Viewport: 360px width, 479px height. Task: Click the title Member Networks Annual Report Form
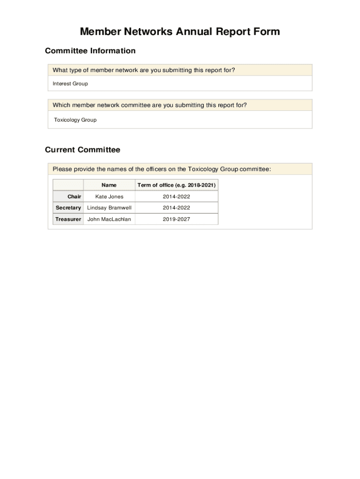[180, 32]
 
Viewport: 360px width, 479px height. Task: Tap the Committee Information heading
[90, 51]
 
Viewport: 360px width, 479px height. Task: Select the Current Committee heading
[82, 150]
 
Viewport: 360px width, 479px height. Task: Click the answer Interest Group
[70, 84]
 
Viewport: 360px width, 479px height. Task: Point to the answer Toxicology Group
[75, 120]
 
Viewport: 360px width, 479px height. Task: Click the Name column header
[109, 185]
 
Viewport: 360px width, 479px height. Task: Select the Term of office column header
[176, 185]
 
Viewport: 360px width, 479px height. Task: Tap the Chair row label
[74, 196]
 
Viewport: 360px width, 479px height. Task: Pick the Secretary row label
[68, 208]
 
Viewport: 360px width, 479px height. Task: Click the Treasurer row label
[68, 219]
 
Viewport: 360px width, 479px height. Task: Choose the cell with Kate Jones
[109, 196]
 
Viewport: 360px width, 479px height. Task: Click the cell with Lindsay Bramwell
[109, 208]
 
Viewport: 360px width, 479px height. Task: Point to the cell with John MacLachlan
[109, 219]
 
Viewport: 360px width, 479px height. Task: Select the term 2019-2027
[176, 219]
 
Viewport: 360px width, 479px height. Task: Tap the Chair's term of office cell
[176, 196]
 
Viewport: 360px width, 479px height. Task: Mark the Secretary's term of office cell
[176, 208]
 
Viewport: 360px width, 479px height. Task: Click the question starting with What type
[144, 70]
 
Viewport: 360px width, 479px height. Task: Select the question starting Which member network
[150, 105]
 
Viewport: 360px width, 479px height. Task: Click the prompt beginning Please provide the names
[162, 169]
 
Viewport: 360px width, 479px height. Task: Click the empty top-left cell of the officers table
[68, 185]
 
